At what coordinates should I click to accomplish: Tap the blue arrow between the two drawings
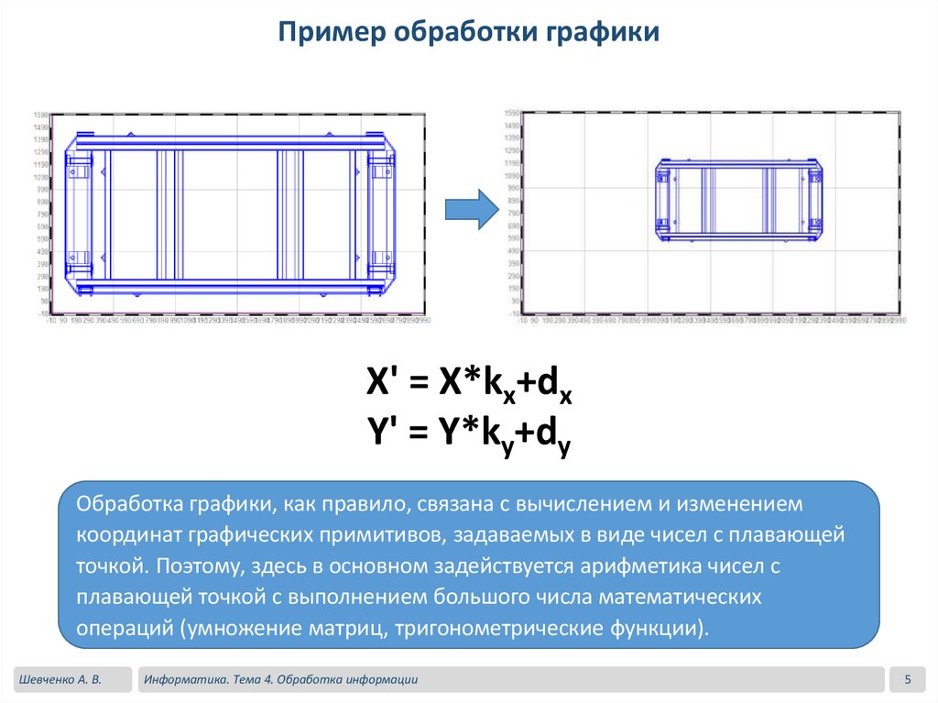[x=470, y=210]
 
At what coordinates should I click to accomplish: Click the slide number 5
[x=908, y=679]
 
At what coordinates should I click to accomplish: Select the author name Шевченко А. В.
[x=58, y=679]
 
